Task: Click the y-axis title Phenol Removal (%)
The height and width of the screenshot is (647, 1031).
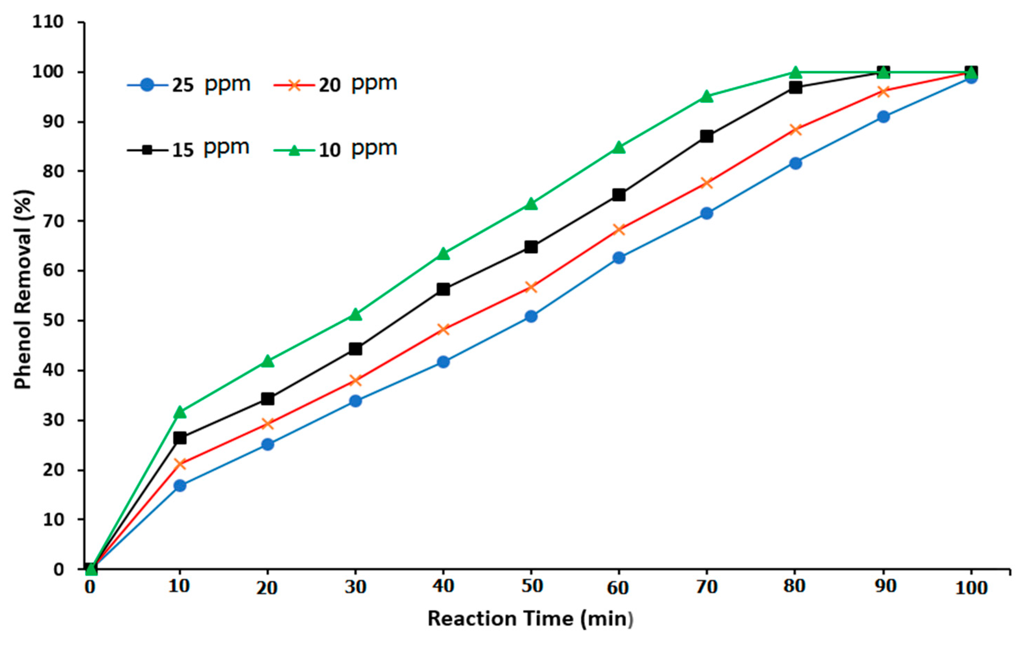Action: click(x=24, y=289)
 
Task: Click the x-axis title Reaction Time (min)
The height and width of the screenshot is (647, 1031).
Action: click(x=530, y=619)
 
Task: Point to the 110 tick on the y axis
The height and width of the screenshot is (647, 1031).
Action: click(x=48, y=22)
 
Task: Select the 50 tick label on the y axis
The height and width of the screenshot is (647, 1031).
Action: click(x=53, y=321)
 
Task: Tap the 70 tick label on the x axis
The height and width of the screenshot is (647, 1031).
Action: click(x=706, y=587)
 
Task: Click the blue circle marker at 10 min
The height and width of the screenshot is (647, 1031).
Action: click(x=180, y=486)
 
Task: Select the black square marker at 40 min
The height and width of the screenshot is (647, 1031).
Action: click(x=443, y=289)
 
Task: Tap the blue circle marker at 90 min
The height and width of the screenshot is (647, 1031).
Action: click(x=883, y=116)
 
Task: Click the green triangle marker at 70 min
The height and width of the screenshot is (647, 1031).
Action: click(x=707, y=97)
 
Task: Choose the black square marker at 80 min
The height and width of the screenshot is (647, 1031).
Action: click(x=795, y=88)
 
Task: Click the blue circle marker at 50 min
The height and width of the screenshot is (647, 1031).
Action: click(x=531, y=316)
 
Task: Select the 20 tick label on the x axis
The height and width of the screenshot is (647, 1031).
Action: click(x=267, y=588)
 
